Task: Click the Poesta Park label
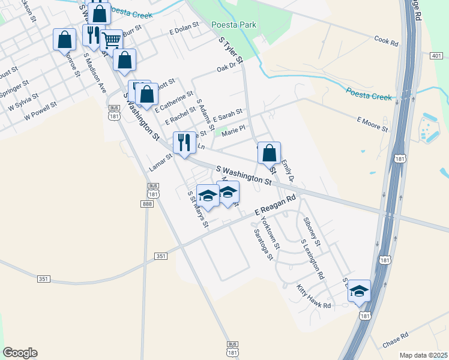(x=234, y=25)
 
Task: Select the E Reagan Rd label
(x=275, y=205)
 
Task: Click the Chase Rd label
(x=395, y=341)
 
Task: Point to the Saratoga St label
(x=263, y=244)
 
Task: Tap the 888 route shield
(x=147, y=204)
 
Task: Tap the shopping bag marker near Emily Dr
(x=270, y=153)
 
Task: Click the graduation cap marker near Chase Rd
(x=359, y=290)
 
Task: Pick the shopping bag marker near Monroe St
(x=64, y=40)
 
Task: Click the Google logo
(x=20, y=353)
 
